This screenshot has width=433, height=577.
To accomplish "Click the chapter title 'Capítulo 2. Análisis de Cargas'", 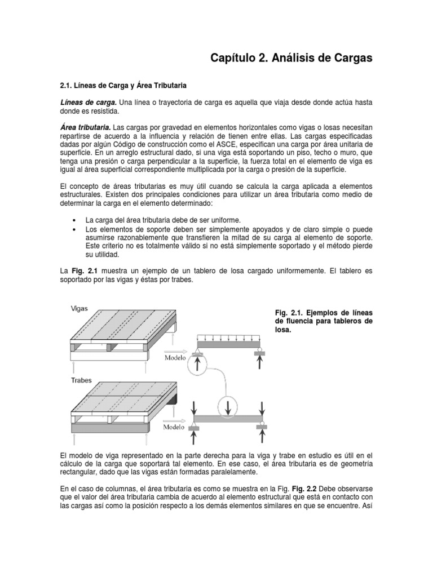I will tap(291, 58).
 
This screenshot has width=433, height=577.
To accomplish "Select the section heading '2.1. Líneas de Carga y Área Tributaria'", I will tap(122, 85).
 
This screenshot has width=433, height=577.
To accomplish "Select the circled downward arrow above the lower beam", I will tap(228, 407).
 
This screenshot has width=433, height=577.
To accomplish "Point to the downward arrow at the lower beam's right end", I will tap(262, 407).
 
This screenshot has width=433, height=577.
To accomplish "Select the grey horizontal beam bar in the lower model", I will tap(229, 419).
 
